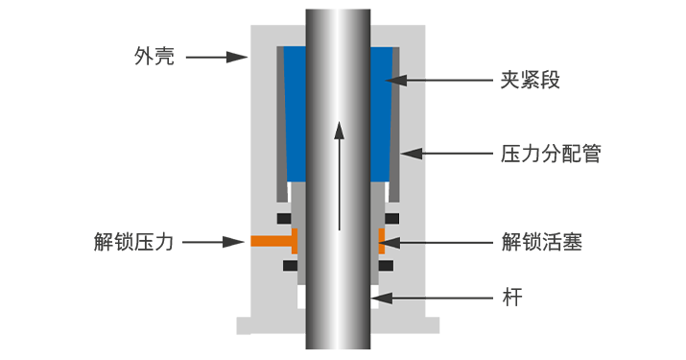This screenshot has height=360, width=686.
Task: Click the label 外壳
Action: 154,57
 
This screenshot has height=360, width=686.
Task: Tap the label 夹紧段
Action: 531,80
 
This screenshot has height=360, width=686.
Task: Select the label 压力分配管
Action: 551,154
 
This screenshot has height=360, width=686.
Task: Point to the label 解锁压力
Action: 134,242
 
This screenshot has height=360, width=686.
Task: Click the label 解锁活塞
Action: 542,242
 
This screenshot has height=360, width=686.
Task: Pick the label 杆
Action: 512,298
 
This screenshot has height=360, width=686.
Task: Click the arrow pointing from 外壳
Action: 217,57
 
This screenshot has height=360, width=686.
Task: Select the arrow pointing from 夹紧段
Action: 438,80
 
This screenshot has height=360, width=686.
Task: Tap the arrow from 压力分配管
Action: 447,154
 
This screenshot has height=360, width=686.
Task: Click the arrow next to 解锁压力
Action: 213,242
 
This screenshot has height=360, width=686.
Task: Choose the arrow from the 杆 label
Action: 433,299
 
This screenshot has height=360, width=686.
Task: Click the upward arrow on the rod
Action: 339,176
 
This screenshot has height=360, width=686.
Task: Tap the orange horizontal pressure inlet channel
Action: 272,241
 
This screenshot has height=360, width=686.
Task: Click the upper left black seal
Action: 284,218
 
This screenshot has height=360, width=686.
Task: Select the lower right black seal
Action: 386,265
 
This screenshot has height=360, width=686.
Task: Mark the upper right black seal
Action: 392,218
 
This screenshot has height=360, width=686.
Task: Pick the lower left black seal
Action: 291,265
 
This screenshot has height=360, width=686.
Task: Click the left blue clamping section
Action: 295,114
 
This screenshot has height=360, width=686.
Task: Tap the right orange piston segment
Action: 382,241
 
